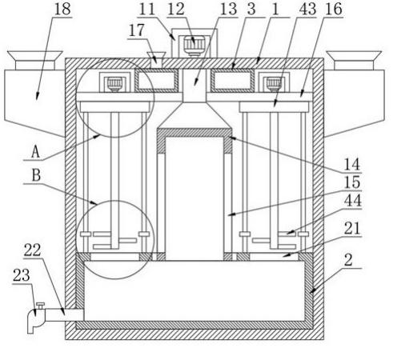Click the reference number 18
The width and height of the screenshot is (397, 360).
coord(62,9)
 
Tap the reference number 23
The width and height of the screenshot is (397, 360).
coord(22,275)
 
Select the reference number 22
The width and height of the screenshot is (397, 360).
coord(33,250)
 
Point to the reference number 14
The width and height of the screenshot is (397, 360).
coord(352,164)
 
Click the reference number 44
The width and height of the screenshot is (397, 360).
coord(353,201)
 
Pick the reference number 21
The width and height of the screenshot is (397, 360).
coord(352,229)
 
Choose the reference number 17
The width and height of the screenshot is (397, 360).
coord(136,30)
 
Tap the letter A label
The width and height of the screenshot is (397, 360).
coord(36,153)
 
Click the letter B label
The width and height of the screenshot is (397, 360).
coord(36,176)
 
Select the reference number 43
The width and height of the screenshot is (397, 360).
coord(307,9)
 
